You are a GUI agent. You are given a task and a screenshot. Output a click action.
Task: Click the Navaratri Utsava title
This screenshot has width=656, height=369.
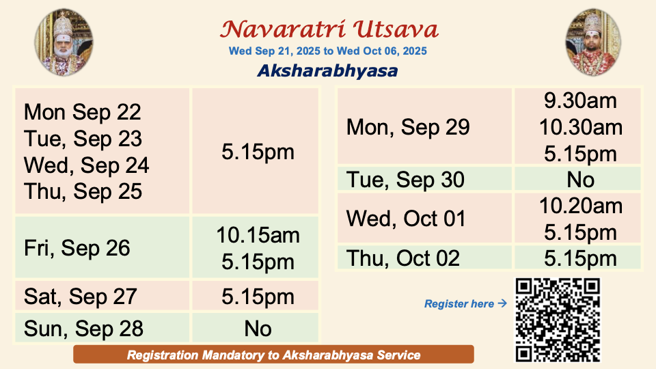(x=329, y=29)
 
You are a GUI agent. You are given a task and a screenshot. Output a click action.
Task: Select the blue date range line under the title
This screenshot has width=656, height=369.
(x=327, y=51)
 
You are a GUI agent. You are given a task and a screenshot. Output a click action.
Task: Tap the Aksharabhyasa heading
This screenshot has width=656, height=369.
(x=327, y=70)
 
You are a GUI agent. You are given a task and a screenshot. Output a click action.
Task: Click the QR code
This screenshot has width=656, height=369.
(x=558, y=320)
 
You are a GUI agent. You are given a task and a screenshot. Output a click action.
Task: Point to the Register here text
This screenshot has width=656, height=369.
(x=459, y=303)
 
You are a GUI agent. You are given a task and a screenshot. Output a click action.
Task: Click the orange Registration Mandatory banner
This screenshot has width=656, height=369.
(x=273, y=355)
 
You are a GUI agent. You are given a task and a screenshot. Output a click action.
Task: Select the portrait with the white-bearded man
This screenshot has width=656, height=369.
(x=64, y=42)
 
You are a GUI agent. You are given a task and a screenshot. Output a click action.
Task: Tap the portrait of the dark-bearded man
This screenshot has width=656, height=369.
(x=593, y=42)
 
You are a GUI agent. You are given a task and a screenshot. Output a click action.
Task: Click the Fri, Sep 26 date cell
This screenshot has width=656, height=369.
(x=102, y=247)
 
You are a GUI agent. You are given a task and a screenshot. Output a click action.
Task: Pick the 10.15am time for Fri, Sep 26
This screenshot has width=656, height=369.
(x=258, y=235)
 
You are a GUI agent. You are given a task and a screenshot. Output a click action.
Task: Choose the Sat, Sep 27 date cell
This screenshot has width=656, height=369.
(x=102, y=296)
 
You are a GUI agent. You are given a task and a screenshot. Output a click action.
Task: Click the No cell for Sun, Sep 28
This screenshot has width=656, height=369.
(x=256, y=328)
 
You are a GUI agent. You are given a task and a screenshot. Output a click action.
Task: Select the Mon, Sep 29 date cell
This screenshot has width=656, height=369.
(x=424, y=126)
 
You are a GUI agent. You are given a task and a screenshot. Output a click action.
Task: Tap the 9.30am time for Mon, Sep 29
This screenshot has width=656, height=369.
(x=580, y=101)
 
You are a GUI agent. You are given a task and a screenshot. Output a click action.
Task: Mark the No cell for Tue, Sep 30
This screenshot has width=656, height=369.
(x=578, y=179)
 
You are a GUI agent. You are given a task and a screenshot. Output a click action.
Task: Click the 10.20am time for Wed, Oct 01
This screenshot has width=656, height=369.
(x=581, y=206)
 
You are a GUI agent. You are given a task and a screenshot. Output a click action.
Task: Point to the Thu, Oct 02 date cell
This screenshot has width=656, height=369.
(x=424, y=258)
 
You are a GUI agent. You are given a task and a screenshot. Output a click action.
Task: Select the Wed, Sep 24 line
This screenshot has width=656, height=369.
(x=86, y=165)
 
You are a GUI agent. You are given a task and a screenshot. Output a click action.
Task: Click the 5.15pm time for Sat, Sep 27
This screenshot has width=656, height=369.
(x=258, y=297)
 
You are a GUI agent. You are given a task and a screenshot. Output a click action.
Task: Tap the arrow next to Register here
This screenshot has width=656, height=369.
(x=502, y=303)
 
